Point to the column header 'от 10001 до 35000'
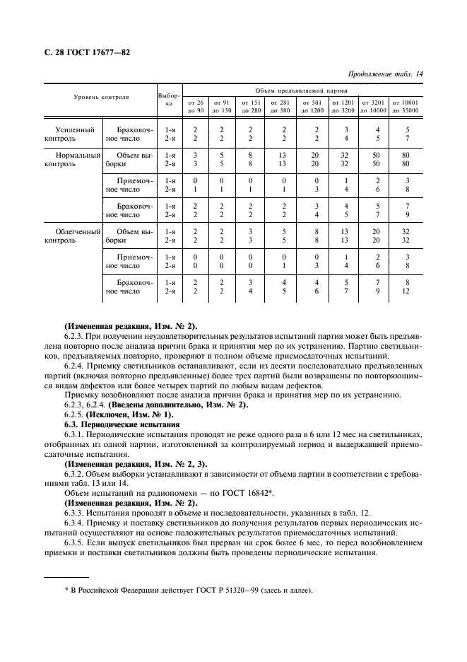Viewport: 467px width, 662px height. pos(406,107)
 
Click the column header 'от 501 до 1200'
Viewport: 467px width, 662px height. pos(312,107)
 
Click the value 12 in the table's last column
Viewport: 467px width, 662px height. pos(406,291)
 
